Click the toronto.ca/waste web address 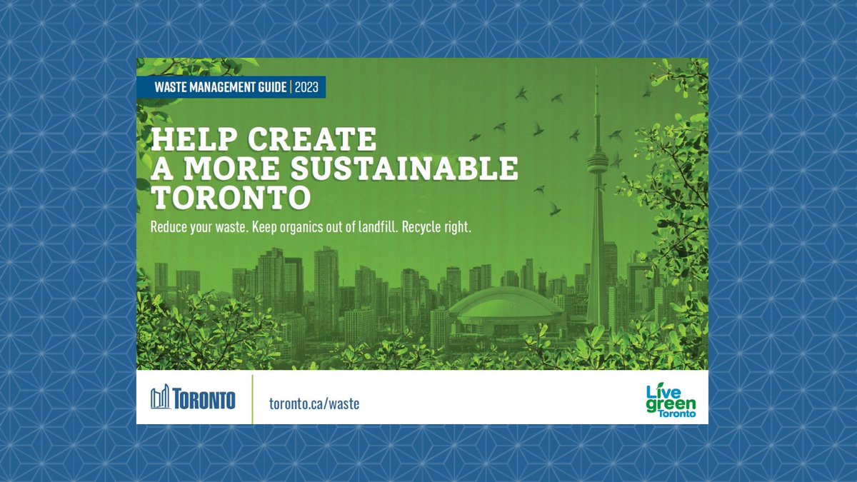tap(314, 403)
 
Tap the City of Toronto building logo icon tap(161, 397)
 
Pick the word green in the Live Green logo tap(670, 403)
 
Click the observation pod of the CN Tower tap(597, 159)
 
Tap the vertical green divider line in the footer tap(252, 398)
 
